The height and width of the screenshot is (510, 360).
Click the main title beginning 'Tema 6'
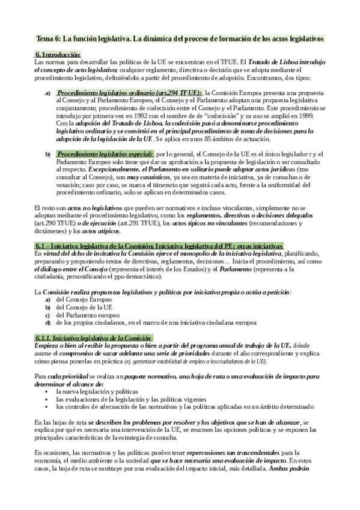(180, 38)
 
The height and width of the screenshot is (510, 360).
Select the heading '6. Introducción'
(58, 55)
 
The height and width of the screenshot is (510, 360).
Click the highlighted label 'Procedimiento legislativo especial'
(105, 155)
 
